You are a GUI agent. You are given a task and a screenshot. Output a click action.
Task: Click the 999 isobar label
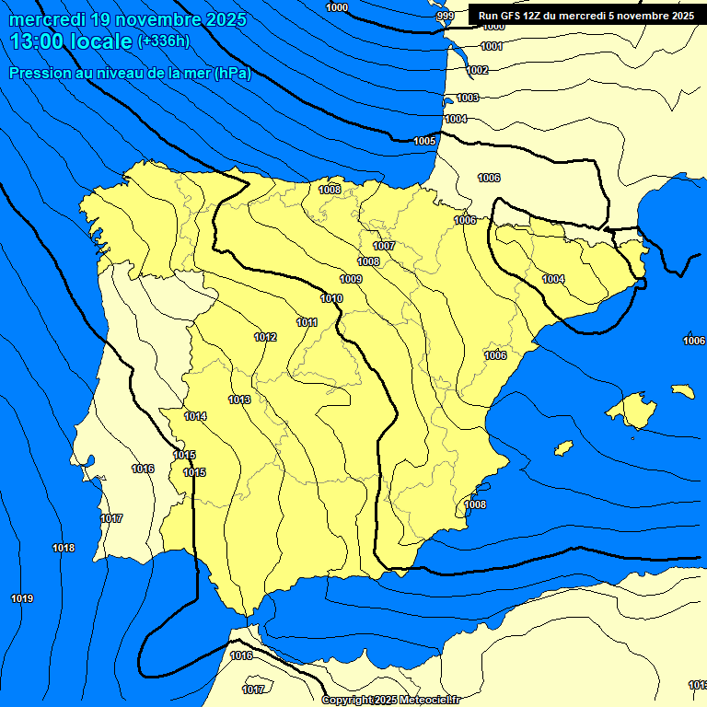(446, 16)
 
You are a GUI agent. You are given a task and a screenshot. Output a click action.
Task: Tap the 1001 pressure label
(493, 46)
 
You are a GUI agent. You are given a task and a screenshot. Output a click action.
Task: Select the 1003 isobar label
(469, 98)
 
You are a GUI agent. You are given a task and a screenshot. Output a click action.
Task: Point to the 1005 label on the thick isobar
(424, 141)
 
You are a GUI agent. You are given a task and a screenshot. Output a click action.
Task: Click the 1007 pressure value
(384, 246)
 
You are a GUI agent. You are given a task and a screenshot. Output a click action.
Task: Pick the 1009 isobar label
(351, 279)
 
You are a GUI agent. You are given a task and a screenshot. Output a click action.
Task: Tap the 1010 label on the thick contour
(331, 298)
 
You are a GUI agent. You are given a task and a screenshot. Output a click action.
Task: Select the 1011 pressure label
(307, 322)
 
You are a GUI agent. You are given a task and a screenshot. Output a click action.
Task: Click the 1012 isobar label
(265, 337)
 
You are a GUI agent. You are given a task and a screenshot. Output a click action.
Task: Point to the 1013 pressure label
(240, 400)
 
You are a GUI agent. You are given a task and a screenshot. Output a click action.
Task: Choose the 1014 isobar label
(195, 417)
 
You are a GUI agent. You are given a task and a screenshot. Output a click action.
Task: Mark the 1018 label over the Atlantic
(64, 549)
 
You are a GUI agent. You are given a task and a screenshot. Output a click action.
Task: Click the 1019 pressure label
(22, 599)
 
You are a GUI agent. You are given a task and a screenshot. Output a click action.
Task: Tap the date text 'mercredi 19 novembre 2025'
(128, 19)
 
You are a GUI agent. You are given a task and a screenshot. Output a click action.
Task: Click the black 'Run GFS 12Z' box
(586, 16)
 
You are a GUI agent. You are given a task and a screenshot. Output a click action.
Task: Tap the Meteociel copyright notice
(390, 700)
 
